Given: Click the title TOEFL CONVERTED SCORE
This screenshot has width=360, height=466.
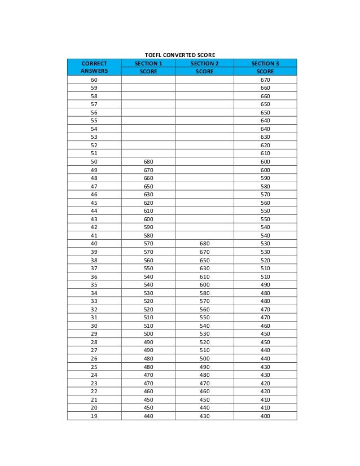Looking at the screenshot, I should coord(181,55).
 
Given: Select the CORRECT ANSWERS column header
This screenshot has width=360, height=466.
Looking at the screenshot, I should coord(94,68).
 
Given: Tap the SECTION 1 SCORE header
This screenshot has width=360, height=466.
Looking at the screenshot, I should coord(148,68).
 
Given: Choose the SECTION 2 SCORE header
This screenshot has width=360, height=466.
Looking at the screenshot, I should coord(204,68).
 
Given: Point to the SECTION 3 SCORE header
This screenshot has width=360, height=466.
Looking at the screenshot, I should coord(265,68).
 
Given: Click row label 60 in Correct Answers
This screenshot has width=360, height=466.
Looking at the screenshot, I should coord(94,80).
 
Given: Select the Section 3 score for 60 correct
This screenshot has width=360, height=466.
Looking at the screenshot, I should coord(265,80).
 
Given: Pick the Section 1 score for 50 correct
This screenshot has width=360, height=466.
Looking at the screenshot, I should coord(148,162).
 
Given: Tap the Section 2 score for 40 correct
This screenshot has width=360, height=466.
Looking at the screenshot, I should coord(204,244).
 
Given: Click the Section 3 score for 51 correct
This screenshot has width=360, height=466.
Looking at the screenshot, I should coord(265,153).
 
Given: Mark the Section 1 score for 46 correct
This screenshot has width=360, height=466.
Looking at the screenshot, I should coord(148,195).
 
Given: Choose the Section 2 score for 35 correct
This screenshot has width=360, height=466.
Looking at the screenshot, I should coord(204,285).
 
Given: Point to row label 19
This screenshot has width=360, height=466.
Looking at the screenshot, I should coord(94,416).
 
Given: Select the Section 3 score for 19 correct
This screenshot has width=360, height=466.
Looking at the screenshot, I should coord(265,416).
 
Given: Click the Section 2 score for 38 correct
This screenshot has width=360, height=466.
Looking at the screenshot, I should coord(204,260).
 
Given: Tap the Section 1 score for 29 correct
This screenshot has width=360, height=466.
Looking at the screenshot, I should coord(148,334).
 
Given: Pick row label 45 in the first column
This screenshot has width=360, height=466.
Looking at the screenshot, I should coord(94,203).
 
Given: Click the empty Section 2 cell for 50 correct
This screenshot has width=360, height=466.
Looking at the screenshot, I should coord(204,162).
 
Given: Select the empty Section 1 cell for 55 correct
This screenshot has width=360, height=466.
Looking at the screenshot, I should coord(148,121).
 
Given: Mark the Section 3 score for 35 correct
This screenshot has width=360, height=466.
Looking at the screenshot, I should coord(265,285).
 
